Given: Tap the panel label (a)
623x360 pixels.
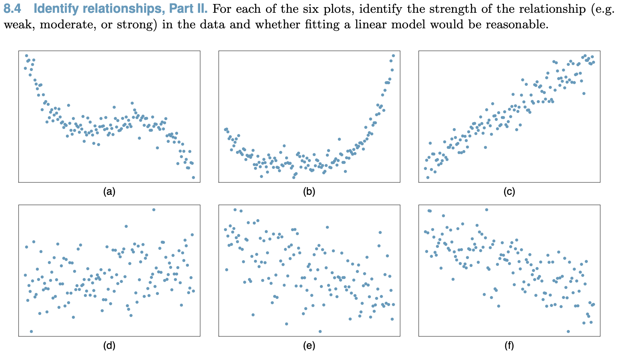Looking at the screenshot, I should click(x=109, y=192).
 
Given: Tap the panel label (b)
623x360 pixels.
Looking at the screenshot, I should click(x=309, y=192).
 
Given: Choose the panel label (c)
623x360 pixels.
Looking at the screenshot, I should click(x=509, y=192).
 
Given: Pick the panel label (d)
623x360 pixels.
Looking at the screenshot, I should click(x=109, y=346).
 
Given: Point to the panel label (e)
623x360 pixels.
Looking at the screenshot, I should click(x=309, y=346).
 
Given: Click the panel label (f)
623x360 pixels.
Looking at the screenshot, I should click(x=509, y=346).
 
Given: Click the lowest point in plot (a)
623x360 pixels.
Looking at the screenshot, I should click(x=193, y=178).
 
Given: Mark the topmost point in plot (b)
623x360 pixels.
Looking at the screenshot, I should click(x=393, y=56).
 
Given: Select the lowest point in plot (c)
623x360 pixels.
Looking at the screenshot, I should click(x=428, y=178).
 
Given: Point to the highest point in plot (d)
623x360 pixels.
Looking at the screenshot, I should click(x=154, y=210).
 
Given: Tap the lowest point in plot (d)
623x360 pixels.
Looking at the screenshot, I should click(x=31, y=331).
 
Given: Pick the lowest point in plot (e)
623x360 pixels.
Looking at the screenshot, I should click(x=320, y=331).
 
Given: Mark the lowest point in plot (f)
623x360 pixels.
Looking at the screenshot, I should click(x=568, y=331).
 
